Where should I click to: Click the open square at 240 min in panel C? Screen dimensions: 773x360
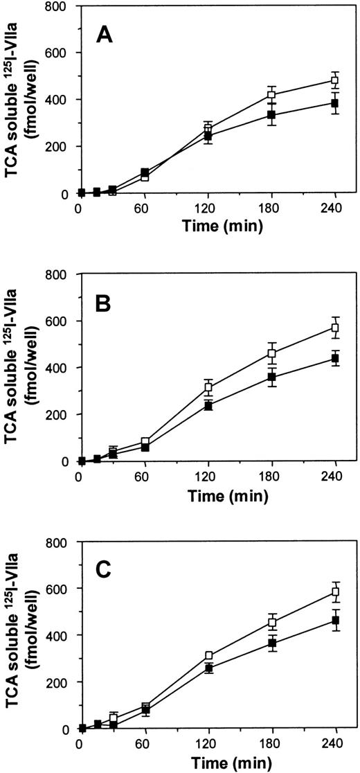pyautogui.click(x=335, y=592)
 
